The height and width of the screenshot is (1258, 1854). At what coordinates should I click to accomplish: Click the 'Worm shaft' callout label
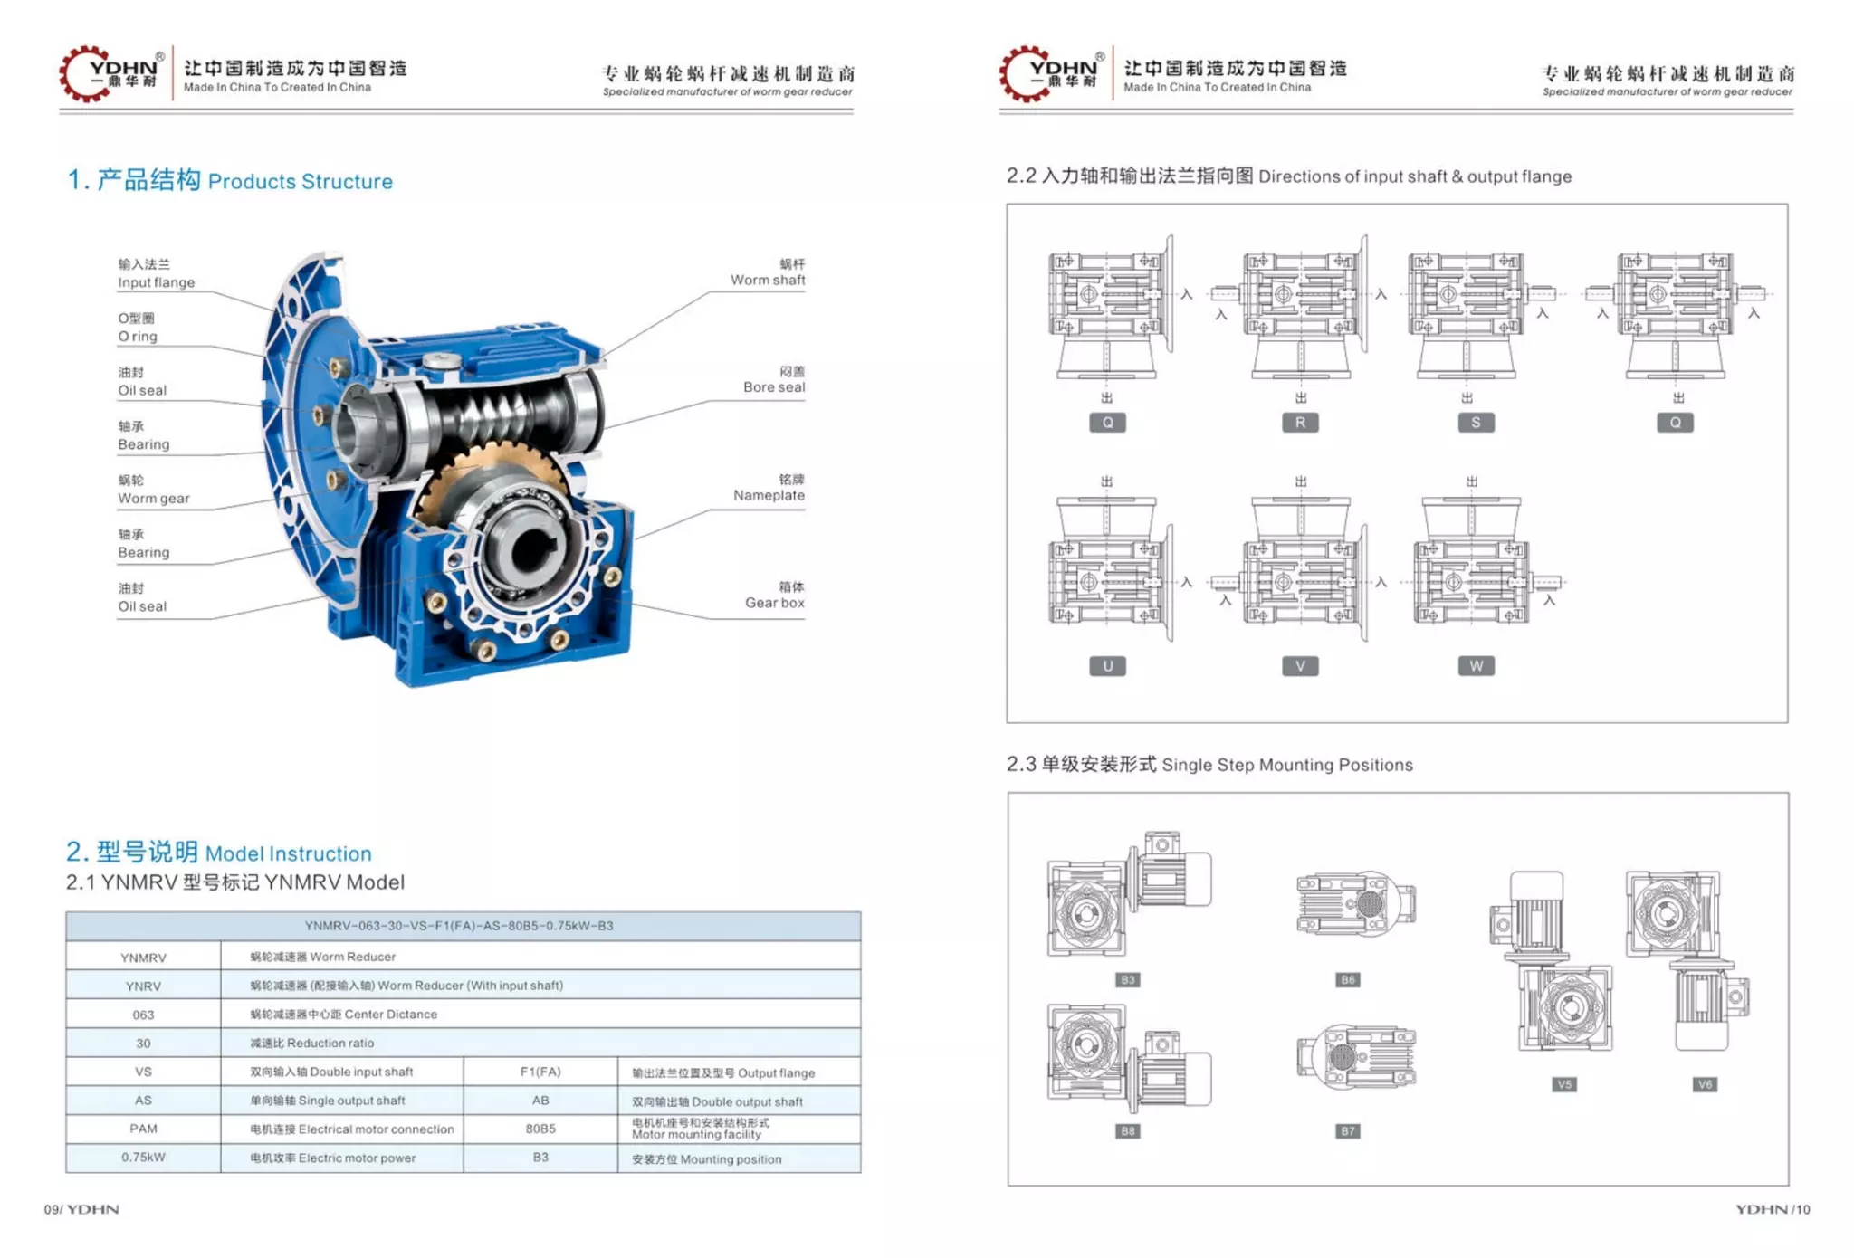[768, 281]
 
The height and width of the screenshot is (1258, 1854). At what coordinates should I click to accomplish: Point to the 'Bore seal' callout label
[774, 387]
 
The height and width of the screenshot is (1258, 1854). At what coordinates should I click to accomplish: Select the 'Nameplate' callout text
[769, 495]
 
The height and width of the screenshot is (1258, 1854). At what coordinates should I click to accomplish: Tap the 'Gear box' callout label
[774, 603]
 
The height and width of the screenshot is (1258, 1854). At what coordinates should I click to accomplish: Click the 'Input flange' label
[156, 282]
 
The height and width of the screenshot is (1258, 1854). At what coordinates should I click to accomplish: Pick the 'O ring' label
[138, 337]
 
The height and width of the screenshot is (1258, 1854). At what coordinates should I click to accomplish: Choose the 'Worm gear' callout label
[154, 499]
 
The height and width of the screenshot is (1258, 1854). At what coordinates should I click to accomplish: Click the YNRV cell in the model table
[143, 986]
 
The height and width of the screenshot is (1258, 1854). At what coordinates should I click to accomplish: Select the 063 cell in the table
[143, 1015]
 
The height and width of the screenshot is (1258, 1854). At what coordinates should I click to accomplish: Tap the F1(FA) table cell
[540, 1072]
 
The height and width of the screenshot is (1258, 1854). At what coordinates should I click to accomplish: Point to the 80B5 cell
[540, 1129]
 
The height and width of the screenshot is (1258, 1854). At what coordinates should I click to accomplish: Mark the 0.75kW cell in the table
[143, 1158]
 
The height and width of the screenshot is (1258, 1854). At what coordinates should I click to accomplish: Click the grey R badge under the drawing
[1300, 423]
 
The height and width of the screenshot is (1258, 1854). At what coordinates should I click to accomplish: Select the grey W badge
[1477, 666]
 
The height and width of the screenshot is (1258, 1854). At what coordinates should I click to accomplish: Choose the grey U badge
[1107, 666]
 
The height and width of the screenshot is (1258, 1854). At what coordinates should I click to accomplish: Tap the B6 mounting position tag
[1348, 980]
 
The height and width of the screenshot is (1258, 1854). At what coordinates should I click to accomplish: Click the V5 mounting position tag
[1564, 1084]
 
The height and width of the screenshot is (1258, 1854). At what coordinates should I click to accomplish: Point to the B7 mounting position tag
[1348, 1131]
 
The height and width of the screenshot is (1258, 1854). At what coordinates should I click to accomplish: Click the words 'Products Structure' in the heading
[301, 182]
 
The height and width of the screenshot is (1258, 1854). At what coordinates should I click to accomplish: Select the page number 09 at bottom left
[51, 1209]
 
